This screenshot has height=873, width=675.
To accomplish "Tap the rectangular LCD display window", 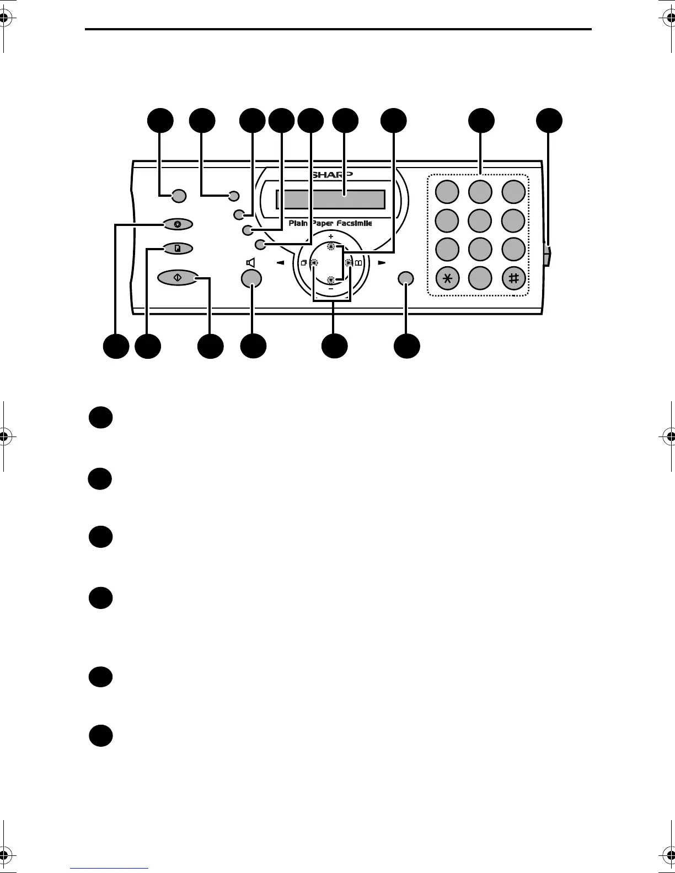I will [x=330, y=198].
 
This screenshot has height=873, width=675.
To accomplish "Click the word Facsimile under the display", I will [x=355, y=223].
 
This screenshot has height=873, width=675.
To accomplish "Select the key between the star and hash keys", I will [x=480, y=278].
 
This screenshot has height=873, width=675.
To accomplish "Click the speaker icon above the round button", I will [x=251, y=263].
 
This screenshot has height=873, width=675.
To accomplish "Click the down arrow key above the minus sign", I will [x=331, y=279].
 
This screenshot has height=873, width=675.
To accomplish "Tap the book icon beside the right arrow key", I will [x=358, y=263].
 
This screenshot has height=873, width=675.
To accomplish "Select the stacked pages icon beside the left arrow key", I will [x=303, y=263].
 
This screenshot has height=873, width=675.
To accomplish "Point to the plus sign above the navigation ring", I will [x=331, y=237].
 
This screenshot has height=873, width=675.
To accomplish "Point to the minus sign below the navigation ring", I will [x=331, y=288].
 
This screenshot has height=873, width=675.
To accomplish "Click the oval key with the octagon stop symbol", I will [x=178, y=224].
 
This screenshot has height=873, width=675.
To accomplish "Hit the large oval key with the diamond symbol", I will [x=178, y=278].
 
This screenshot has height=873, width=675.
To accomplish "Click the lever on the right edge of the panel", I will [x=547, y=255].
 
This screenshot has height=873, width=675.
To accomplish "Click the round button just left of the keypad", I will [x=406, y=278].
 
